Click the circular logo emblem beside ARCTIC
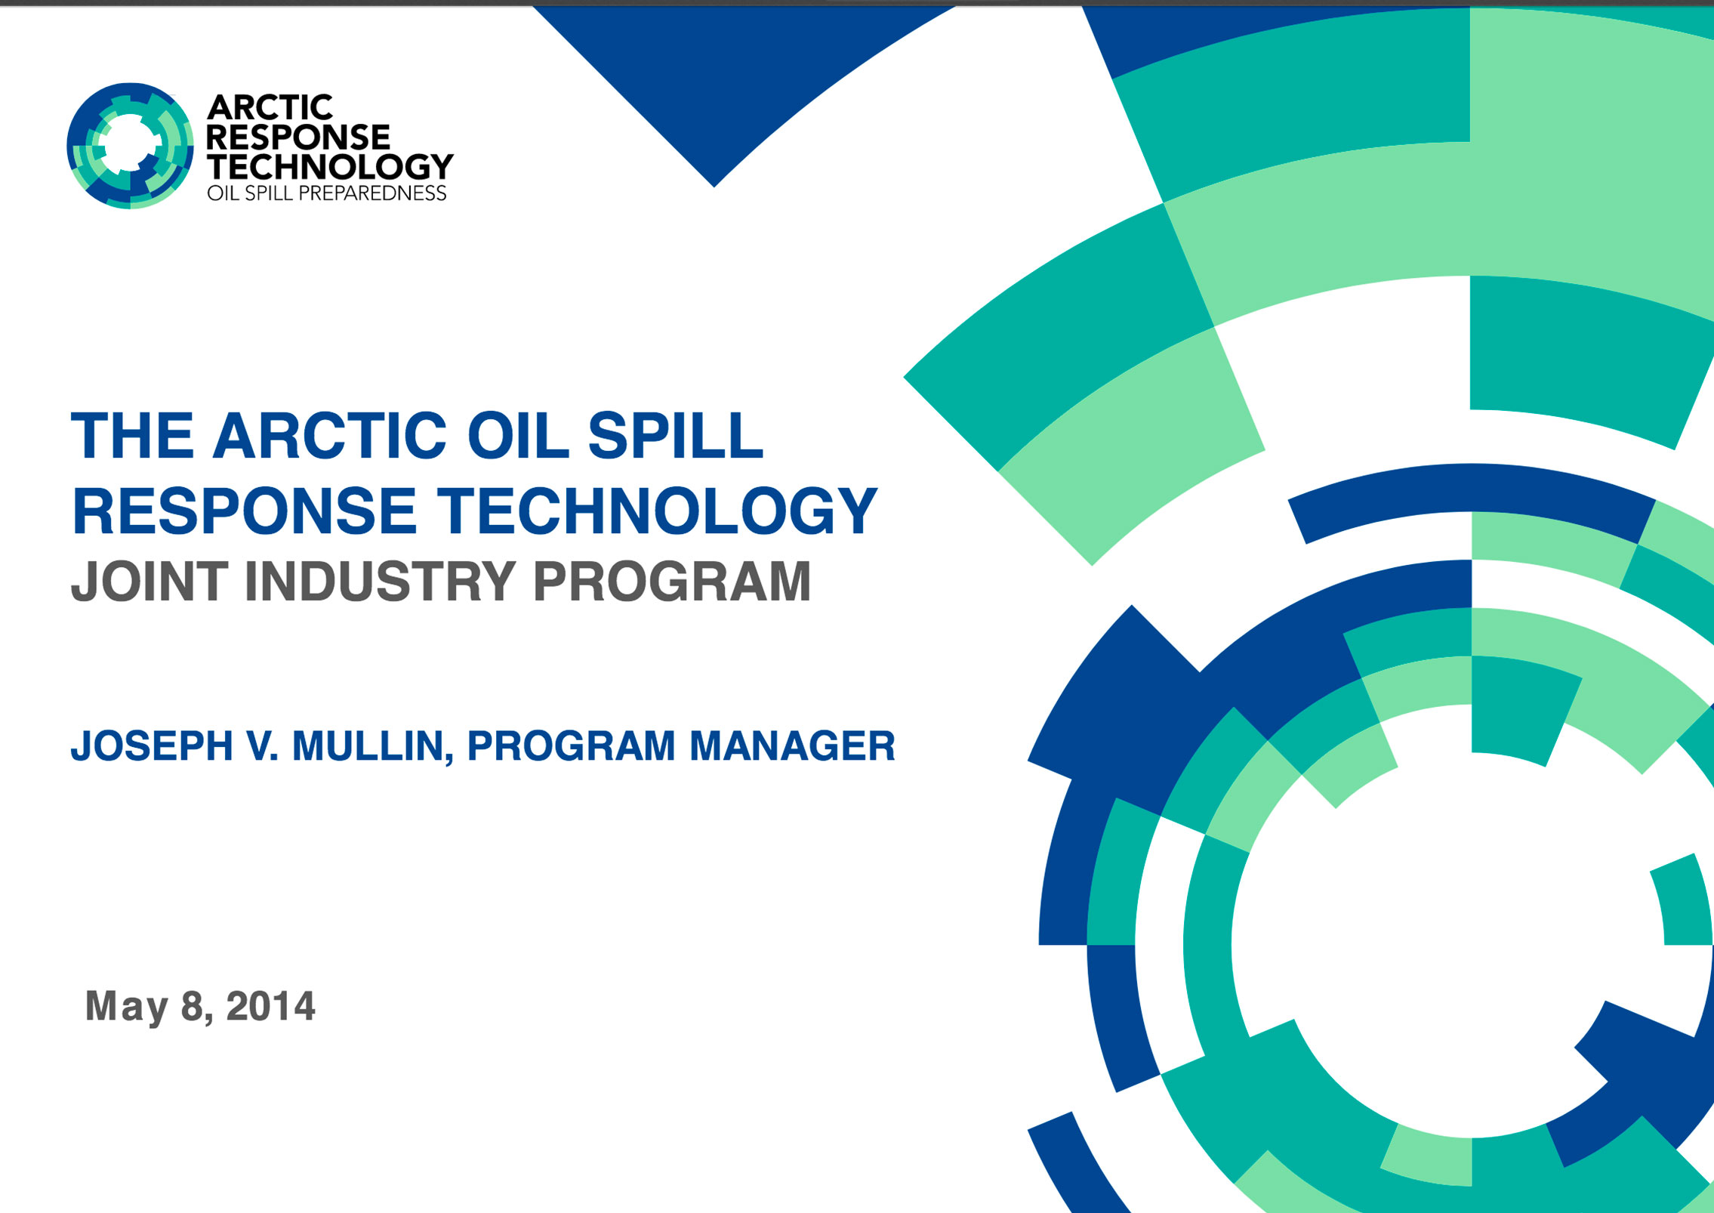130,146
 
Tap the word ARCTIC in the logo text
270,108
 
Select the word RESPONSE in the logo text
298,137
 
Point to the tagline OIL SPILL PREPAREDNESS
327,193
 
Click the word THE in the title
132,436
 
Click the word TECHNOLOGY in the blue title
658,511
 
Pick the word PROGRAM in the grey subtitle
672,582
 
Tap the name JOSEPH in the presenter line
152,746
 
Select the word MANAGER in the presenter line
792,746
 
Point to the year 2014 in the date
270,1006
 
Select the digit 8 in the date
194,1007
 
